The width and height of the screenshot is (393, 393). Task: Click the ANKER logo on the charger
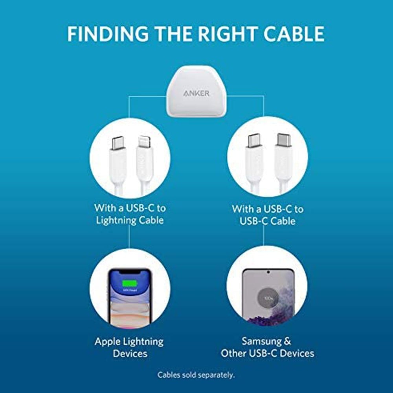(196, 94)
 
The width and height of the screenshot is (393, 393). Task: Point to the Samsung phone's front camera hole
(268, 272)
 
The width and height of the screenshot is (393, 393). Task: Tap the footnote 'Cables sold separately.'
(196, 375)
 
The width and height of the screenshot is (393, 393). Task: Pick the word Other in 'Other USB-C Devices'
(235, 353)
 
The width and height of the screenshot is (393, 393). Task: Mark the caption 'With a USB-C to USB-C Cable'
(267, 214)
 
